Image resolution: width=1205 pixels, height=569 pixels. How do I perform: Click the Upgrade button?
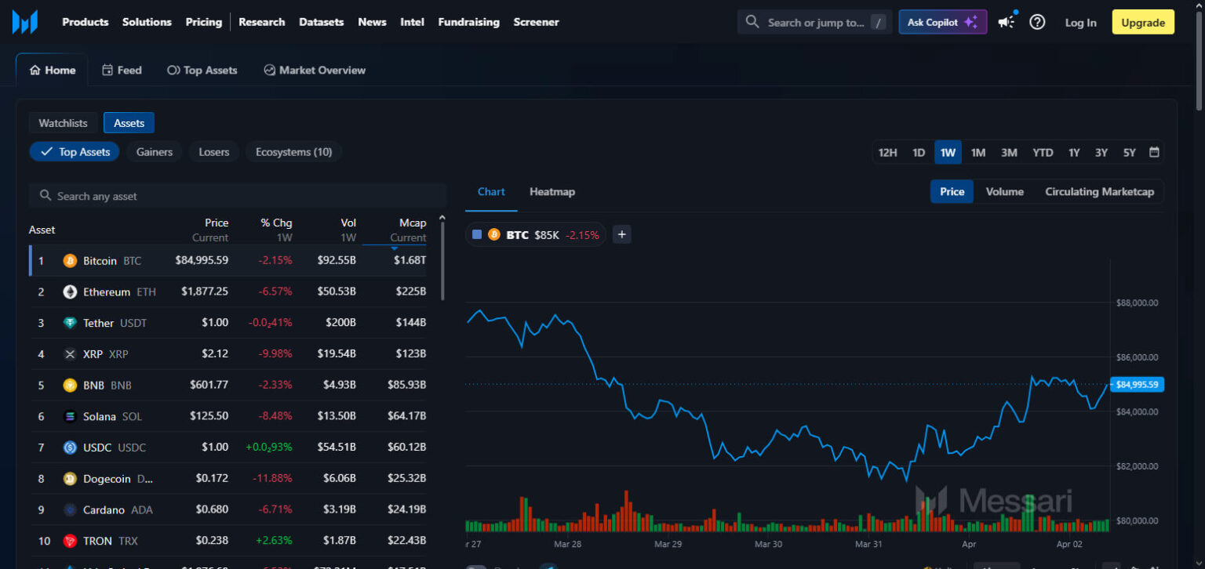[1142, 23]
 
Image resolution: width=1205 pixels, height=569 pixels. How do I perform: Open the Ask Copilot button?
[942, 23]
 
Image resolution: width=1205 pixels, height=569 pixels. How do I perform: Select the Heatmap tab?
[552, 192]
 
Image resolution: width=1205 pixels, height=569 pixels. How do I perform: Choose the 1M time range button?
[977, 153]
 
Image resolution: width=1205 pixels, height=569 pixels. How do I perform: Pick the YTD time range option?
[1042, 153]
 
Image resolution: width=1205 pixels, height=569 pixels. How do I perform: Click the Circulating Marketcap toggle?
[1099, 192]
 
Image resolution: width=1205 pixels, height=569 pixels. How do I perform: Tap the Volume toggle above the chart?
[1004, 192]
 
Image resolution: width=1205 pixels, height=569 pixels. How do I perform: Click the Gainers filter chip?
[155, 152]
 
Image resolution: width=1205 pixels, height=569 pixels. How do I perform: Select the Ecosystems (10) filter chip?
[293, 152]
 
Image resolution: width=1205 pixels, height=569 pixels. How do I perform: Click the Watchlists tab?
[64, 123]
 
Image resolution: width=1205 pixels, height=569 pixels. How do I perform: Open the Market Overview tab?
[315, 71]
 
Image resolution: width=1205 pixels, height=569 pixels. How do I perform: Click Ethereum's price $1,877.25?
[205, 292]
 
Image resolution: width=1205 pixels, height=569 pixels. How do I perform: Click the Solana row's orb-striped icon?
[70, 417]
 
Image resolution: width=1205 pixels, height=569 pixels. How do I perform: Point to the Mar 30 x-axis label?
[768, 544]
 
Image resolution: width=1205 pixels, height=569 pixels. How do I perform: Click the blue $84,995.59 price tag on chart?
[1137, 384]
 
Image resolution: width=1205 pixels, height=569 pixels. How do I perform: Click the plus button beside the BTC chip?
[621, 234]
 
